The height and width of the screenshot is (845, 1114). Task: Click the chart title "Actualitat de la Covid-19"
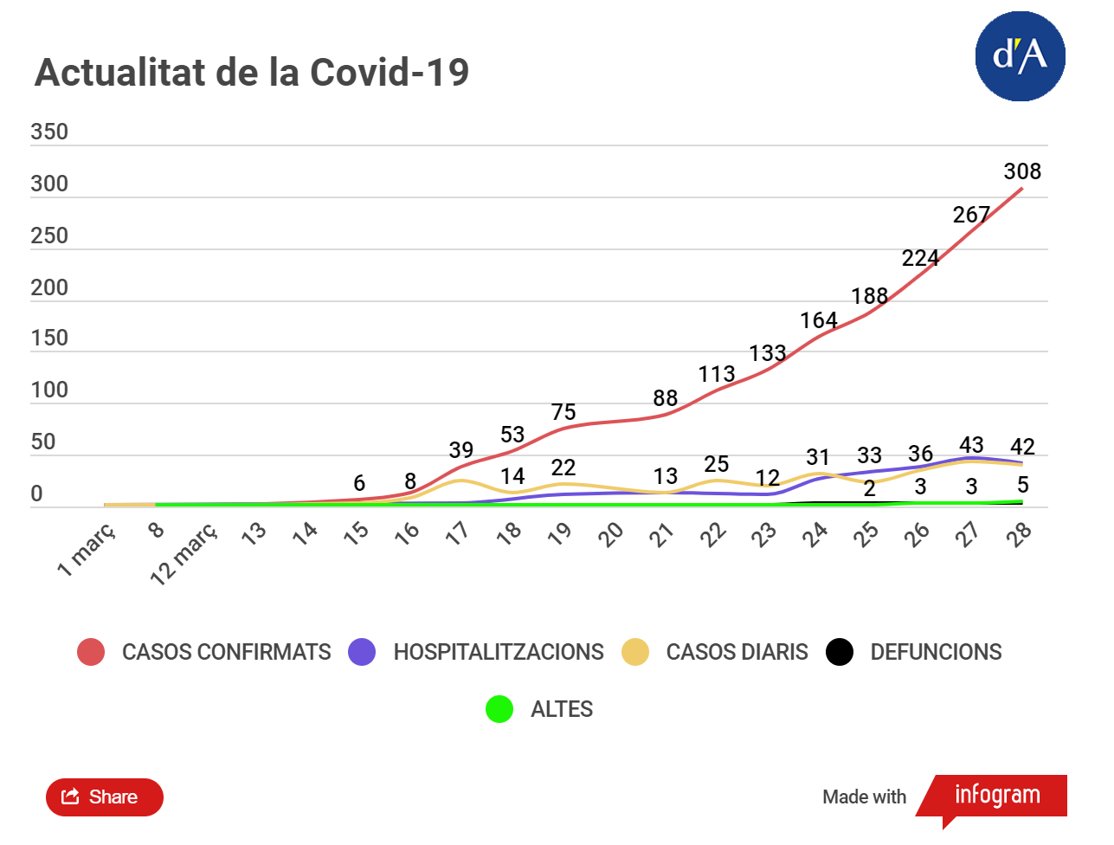(x=251, y=73)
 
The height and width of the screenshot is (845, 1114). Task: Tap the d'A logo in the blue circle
(x=1020, y=56)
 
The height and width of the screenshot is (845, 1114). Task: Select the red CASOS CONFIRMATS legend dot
(x=91, y=652)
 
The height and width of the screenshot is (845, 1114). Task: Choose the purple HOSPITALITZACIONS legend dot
(x=362, y=652)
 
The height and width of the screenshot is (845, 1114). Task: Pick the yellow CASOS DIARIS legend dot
(x=635, y=652)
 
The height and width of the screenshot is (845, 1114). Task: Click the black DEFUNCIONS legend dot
(x=840, y=652)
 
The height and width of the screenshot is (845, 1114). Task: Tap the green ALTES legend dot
(x=499, y=709)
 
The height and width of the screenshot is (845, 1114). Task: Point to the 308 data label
(x=1022, y=171)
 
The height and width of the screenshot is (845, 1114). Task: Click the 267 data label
(x=971, y=215)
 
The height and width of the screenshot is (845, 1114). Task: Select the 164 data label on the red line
(x=818, y=320)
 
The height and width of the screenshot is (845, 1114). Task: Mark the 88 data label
(x=665, y=398)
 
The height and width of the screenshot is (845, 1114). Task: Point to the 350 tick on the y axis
(x=49, y=132)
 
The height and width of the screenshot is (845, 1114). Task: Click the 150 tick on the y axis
(x=49, y=338)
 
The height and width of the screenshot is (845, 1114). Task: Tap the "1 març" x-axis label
(x=87, y=550)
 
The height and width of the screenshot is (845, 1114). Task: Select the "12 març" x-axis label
(x=184, y=556)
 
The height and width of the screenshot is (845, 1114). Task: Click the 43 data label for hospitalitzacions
(x=971, y=445)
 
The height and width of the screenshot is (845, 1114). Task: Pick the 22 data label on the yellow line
(x=563, y=468)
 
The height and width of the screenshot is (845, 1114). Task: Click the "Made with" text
(x=864, y=797)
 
